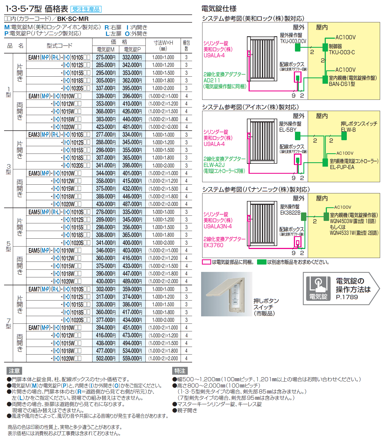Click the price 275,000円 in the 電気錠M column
coord(106,57)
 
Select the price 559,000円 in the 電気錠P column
coord(132,358)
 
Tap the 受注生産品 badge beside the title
coord(86,9)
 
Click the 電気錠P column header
coord(132,49)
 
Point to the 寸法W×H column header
coord(163,46)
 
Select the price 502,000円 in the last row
coord(106,358)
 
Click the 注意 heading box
coord(14,371)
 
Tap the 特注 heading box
coord(180,371)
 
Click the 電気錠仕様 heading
coord(219,9)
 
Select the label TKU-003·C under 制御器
coord(342,52)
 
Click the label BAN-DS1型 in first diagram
coord(342,84)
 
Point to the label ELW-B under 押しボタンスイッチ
coord(348,130)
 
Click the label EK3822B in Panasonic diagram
coord(290,212)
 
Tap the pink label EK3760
coord(213,245)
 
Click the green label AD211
coord(212,80)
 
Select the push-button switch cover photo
coord(226,294)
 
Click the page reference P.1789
coord(347,297)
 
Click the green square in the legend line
coord(262,262)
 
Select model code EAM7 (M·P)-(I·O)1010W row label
coord(55,328)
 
